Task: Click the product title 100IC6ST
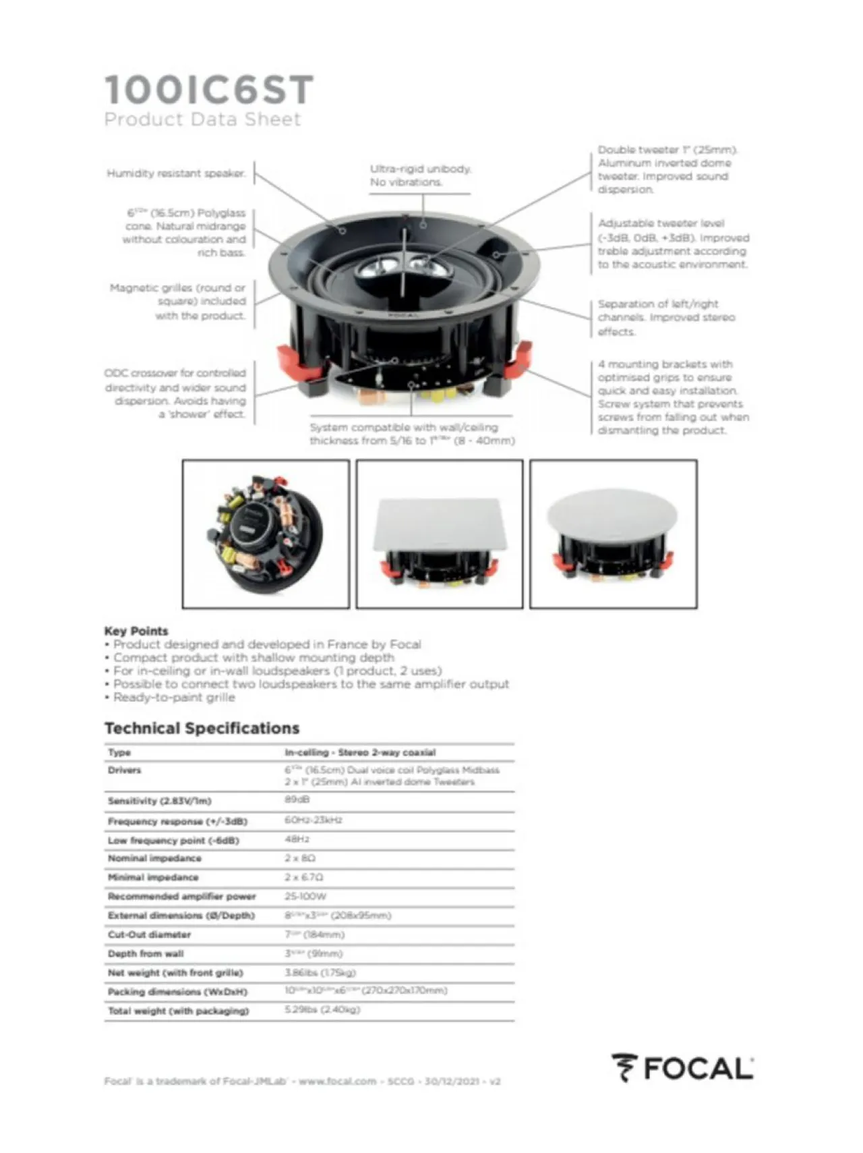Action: click(209, 90)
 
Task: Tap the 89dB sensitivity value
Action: click(297, 799)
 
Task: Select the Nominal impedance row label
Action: click(154, 858)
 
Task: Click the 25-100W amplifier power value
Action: click(305, 896)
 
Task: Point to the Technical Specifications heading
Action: click(202, 728)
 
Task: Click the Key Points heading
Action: click(136, 631)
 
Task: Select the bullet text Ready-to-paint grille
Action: click(174, 697)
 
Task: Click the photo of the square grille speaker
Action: click(439, 534)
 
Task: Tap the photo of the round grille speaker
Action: click(613, 534)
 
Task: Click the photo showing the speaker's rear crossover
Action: click(266, 534)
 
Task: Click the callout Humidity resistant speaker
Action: click(176, 173)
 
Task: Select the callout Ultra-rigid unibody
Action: click(419, 175)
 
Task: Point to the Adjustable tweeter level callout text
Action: click(672, 244)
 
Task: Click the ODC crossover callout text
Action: click(176, 393)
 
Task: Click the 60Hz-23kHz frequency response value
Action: click(313, 820)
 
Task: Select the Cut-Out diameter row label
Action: click(149, 934)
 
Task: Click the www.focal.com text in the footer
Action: click(337, 1081)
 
